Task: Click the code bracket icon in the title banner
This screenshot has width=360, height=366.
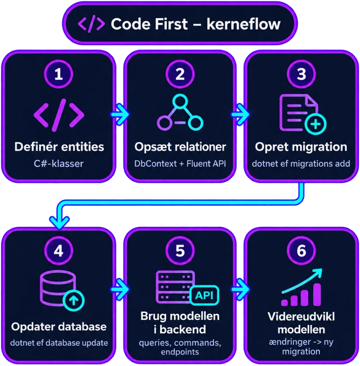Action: (x=91, y=24)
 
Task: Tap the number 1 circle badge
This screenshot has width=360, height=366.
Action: (x=58, y=74)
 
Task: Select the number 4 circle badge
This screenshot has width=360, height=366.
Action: (x=58, y=251)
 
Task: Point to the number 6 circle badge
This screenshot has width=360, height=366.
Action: (x=301, y=251)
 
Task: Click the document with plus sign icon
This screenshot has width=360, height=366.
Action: (x=303, y=114)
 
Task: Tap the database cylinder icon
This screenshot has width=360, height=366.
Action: (x=62, y=290)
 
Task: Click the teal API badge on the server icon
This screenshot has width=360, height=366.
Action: (x=204, y=295)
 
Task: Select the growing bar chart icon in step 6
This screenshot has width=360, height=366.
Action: (x=302, y=287)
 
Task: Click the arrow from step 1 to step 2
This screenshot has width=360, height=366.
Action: (x=120, y=114)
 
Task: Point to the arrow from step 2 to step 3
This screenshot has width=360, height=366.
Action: (x=240, y=114)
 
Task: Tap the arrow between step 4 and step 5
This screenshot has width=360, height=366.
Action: (x=120, y=290)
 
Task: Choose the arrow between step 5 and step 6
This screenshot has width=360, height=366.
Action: (x=240, y=290)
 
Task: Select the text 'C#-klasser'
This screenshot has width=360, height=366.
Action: (x=59, y=164)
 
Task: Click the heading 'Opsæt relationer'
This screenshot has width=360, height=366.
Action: (x=180, y=147)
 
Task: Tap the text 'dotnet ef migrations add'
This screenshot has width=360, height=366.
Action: (x=301, y=164)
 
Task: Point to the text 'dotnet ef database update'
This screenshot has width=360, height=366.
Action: (x=59, y=343)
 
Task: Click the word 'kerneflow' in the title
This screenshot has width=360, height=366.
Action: (x=243, y=24)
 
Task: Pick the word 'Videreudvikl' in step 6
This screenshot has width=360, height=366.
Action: (x=301, y=317)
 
